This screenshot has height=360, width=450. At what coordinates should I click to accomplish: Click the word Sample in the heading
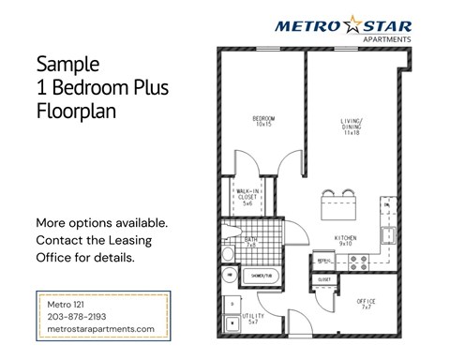click(67, 66)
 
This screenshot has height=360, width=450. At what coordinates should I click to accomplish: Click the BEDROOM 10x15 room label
click(262, 121)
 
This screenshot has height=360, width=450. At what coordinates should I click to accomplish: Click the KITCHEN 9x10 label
click(346, 241)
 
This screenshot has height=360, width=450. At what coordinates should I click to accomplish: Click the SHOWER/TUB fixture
click(261, 276)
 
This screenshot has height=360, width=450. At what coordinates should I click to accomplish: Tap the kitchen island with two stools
click(335, 203)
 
